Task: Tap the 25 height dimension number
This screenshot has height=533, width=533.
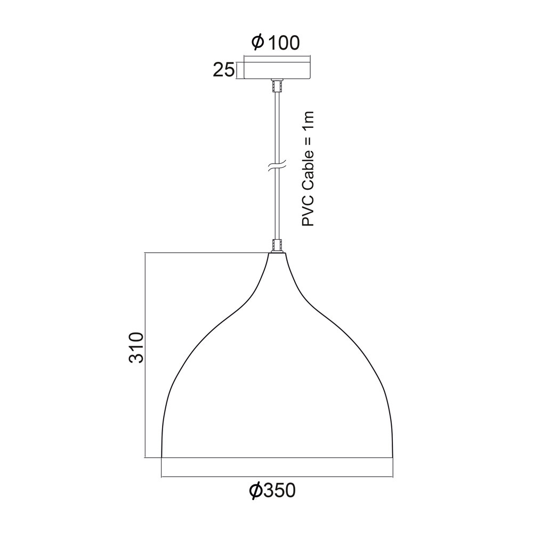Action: pos(224,70)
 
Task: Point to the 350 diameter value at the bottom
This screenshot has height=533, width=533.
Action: pos(279,490)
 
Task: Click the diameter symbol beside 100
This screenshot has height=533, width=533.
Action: pos(257,43)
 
